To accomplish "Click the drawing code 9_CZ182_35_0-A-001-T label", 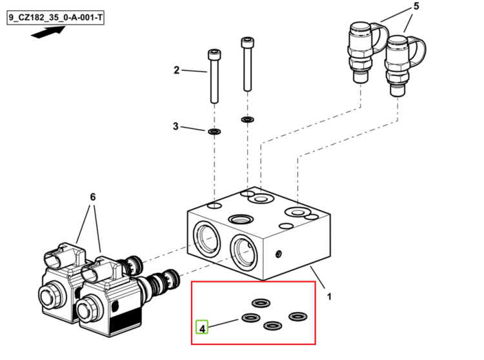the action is (x=55, y=17).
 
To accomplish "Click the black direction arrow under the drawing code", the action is (x=48, y=32).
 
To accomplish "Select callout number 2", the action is (x=176, y=70).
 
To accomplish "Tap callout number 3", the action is (x=176, y=126).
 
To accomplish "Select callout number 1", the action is (x=329, y=297).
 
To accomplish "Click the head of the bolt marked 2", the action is (x=214, y=55).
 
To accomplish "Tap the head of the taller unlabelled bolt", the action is (x=248, y=43).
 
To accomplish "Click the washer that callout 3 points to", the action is (x=214, y=132).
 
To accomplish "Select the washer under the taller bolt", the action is (x=248, y=119).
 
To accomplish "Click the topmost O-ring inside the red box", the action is (x=261, y=303).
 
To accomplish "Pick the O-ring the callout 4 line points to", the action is (x=250, y=317).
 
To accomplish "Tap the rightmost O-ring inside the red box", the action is (x=298, y=317).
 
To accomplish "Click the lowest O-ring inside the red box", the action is (x=272, y=325).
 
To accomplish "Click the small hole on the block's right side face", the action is (x=278, y=254).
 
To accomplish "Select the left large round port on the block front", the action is (x=207, y=239).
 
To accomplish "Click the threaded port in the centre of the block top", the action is (x=241, y=219).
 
